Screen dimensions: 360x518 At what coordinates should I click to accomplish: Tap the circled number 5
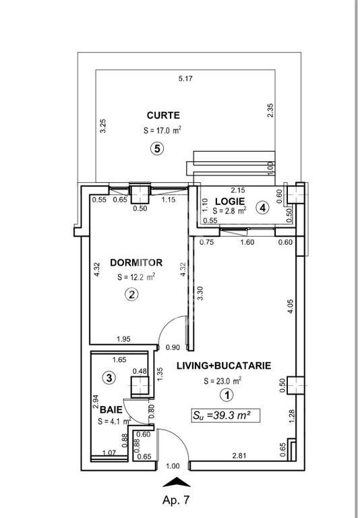tap(157, 148)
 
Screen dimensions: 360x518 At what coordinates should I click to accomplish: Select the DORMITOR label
tap(136, 262)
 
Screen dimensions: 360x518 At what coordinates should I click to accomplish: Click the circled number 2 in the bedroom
tap(131, 294)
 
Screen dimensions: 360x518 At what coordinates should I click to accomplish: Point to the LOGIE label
tap(230, 201)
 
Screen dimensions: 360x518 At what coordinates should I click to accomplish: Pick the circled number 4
tap(263, 208)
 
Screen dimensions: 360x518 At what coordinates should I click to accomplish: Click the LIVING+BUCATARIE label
tap(224, 366)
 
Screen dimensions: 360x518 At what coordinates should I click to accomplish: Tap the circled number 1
tap(227, 395)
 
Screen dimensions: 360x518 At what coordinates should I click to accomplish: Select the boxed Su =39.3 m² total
tap(226, 415)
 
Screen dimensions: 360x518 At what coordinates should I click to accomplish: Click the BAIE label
tap(111, 410)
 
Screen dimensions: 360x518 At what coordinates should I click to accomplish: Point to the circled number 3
tap(109, 378)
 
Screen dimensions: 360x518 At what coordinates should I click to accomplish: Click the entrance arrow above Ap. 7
tap(177, 482)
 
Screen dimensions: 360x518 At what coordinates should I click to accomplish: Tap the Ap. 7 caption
tap(176, 500)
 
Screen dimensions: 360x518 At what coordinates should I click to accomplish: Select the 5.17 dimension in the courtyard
tap(185, 79)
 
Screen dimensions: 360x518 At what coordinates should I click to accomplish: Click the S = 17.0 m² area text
tap(162, 130)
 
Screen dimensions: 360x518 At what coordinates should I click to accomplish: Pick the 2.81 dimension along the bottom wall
tap(239, 456)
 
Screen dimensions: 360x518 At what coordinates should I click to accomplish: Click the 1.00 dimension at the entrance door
tap(173, 466)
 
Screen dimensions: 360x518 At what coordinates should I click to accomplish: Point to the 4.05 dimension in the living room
tap(291, 306)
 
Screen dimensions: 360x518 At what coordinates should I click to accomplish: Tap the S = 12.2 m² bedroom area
tap(136, 277)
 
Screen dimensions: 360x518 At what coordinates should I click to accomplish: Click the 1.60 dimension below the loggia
tap(247, 242)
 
